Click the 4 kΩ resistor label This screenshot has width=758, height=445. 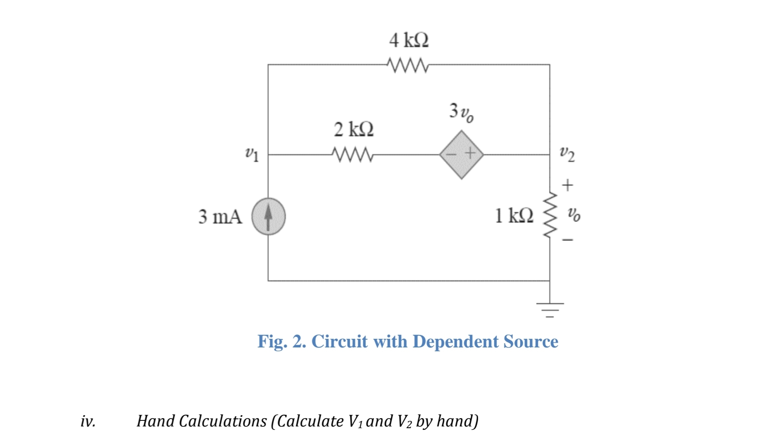409,41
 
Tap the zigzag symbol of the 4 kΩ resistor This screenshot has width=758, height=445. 408,66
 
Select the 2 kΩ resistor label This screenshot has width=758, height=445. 354,129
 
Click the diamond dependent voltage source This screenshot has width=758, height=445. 461,154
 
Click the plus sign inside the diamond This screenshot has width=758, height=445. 470,153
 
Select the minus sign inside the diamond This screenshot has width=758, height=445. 452,154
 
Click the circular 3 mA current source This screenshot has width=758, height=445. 268,217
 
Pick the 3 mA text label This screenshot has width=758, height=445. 220,217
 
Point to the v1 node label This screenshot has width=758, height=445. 252,154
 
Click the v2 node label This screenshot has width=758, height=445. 567,154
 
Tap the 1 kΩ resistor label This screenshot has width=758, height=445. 514,215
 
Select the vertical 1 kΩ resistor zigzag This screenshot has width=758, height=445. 549,215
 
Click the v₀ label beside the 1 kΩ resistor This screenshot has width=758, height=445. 574,214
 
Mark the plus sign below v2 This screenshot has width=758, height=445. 568,185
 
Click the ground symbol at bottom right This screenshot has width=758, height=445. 550,307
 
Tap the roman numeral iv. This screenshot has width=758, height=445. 88,421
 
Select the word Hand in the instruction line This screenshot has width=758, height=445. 155,421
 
